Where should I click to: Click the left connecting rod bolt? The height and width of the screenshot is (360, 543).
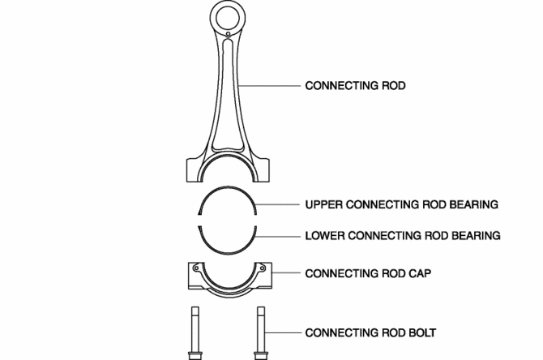(195, 332)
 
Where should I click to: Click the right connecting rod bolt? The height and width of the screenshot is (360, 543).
(260, 332)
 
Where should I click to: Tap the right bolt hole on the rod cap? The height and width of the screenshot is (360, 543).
(261, 267)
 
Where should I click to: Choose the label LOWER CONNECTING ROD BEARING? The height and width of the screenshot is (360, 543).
(403, 236)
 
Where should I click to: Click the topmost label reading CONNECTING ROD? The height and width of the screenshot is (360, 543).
(354, 84)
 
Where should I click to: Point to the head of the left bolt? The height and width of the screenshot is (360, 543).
(195, 354)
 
